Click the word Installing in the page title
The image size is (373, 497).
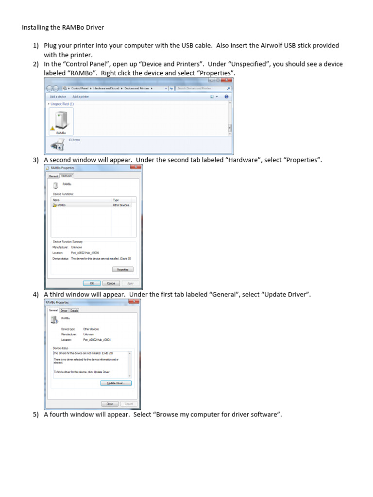[34, 27]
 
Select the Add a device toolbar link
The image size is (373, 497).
[58, 97]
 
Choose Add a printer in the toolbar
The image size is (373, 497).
[81, 97]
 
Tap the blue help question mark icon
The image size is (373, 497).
[226, 97]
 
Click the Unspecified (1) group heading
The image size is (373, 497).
[62, 104]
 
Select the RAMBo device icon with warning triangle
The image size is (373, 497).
[61, 120]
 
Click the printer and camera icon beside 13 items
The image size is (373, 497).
[57, 144]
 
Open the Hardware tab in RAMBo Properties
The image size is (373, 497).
[67, 176]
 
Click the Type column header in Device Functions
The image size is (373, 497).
[116, 200]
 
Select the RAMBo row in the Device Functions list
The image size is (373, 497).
[61, 205]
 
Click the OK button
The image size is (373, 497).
[92, 283]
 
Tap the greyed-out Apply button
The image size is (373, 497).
[130, 283]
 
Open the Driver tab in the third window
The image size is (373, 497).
[64, 310]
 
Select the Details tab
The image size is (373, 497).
[74, 310]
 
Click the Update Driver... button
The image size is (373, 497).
[116, 383]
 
